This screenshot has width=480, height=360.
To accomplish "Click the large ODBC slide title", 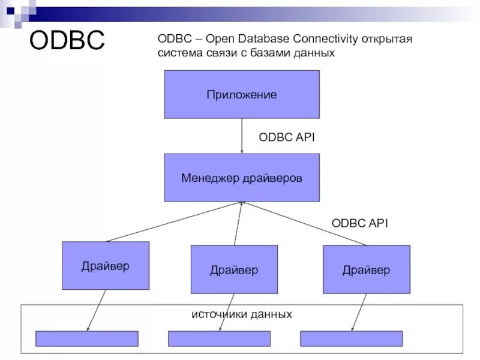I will pyautogui.click(x=67, y=40).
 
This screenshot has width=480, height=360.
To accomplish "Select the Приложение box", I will pyautogui.click(x=242, y=94).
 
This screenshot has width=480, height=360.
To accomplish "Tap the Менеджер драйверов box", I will pyautogui.click(x=242, y=178).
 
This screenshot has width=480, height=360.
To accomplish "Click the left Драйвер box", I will pyautogui.click(x=106, y=266).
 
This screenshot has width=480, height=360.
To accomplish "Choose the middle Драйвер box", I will pyautogui.click(x=234, y=269).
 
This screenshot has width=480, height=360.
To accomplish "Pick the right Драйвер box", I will pyautogui.click(x=366, y=269).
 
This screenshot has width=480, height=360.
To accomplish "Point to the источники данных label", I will pyautogui.click(x=242, y=314).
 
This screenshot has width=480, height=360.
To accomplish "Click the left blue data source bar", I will pyautogui.click(x=87, y=338).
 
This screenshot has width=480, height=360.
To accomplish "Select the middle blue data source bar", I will pyautogui.click(x=218, y=338).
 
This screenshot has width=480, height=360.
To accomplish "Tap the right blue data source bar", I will pyautogui.click(x=351, y=338).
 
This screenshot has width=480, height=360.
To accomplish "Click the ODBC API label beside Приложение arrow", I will pyautogui.click(x=287, y=137).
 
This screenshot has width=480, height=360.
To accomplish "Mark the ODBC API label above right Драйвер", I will pyautogui.click(x=360, y=223).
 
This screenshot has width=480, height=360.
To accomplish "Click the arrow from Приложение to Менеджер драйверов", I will pyautogui.click(x=242, y=136).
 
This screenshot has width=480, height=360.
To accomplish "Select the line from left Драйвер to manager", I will pyautogui.click(x=174, y=221).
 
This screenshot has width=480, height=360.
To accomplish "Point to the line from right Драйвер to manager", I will pyautogui.click(x=306, y=224).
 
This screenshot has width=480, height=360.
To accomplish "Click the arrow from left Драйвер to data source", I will pyautogui.click(x=97, y=310).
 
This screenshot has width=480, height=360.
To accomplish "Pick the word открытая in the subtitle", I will pyautogui.click(x=388, y=39).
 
